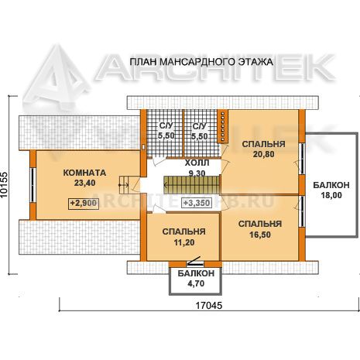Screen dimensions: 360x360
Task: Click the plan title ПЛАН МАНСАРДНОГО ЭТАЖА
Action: click(x=201, y=62)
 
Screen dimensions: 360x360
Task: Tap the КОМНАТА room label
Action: click(x=84, y=173)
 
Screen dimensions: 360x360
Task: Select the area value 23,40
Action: click(x=84, y=183)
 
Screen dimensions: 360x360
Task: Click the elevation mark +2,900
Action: click(x=84, y=204)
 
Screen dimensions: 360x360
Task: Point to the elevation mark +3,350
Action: click(x=197, y=203)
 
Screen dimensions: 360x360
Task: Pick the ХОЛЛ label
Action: click(x=197, y=163)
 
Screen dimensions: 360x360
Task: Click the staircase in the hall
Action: click(x=191, y=184)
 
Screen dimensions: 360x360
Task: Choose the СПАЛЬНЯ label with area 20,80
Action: click(x=263, y=144)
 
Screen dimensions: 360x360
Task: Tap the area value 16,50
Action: click(x=260, y=235)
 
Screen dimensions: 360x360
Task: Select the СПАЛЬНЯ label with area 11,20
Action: click(x=184, y=231)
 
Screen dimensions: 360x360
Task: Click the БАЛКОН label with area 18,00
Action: click(x=331, y=185)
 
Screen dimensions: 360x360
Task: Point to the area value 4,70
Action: click(x=196, y=283)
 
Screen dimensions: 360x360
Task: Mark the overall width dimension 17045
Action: click(x=209, y=306)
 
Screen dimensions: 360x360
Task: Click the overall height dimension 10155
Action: click(x=5, y=185)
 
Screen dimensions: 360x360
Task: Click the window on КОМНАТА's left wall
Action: click(x=33, y=185)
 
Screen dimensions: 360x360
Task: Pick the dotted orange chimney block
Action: click(x=222, y=126)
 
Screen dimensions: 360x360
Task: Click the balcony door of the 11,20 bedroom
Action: click(x=195, y=262)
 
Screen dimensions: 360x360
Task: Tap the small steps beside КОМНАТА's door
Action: click(x=124, y=185)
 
